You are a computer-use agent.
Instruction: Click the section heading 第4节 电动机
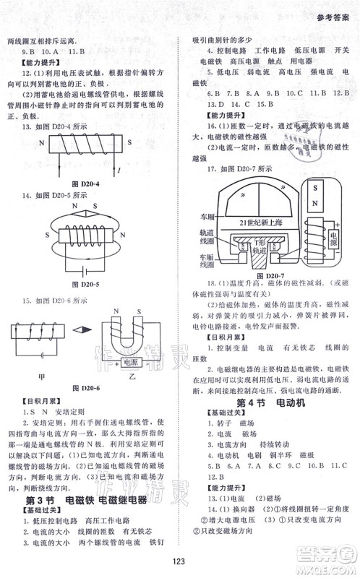pyautogui.click(x=270, y=402)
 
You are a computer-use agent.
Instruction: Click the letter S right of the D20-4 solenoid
pyautogui.click(x=128, y=144)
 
